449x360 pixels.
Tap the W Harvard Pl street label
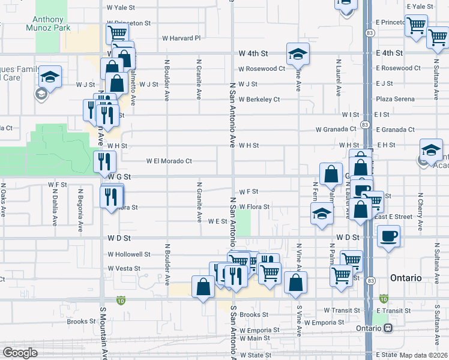[x=181, y=38]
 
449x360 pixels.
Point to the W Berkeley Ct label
[x=259, y=100]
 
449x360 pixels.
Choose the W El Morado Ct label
[x=169, y=161]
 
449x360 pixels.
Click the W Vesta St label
[x=124, y=269]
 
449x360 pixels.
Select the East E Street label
[x=393, y=217]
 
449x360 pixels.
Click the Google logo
[x=20, y=352]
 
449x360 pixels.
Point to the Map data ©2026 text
[x=423, y=355]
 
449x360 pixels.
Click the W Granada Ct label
[x=336, y=129]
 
